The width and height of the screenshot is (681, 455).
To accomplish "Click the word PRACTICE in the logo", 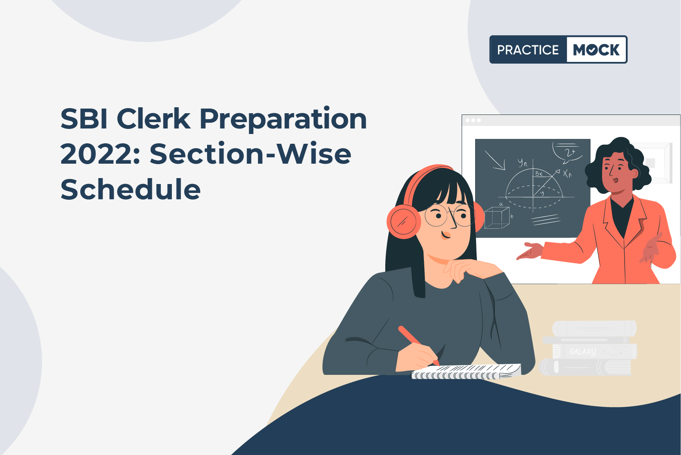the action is (528, 50).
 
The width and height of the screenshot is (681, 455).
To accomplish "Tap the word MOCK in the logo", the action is (596, 50).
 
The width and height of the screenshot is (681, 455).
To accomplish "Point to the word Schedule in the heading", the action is (131, 189).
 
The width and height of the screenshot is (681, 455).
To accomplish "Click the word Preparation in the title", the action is (283, 120).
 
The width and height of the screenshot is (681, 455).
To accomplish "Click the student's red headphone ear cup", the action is (404, 221).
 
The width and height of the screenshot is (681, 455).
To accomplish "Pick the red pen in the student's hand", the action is (418, 345).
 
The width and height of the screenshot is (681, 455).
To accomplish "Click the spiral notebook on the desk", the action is (466, 372).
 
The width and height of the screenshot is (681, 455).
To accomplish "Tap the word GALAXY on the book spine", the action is (583, 352).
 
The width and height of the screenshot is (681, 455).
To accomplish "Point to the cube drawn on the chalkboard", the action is (497, 218).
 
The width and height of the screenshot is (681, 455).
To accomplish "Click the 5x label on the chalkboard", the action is (539, 173).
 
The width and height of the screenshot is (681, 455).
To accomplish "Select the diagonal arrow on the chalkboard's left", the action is (495, 160).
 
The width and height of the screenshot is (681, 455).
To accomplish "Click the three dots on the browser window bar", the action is (473, 120).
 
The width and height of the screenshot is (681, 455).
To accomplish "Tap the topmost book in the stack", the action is (594, 329).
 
